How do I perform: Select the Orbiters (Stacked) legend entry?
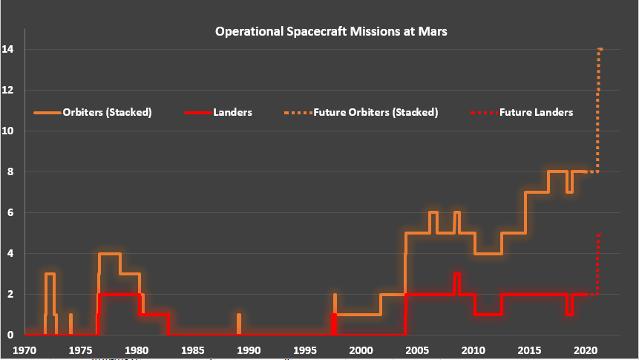(x=107, y=113)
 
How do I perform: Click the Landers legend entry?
(x=233, y=113)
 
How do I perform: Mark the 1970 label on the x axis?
(x=24, y=350)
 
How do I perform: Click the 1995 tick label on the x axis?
(x=304, y=350)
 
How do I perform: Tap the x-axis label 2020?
(x=586, y=350)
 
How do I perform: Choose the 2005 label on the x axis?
(x=417, y=350)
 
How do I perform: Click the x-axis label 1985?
(x=192, y=350)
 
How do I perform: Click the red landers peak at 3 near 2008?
(x=457, y=274)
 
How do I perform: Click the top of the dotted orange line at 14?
(x=600, y=50)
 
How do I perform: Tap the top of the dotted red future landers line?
(x=598, y=235)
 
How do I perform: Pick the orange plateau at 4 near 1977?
(x=109, y=254)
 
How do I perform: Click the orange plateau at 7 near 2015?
(x=537, y=192)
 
